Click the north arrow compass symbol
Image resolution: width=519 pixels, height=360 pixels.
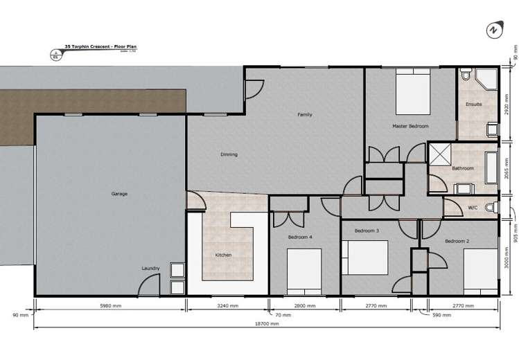coord(493,31)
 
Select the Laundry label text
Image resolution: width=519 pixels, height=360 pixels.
coord(151,268)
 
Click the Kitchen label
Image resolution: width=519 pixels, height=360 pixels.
coord(223,255)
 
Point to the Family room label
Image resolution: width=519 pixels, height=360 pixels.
coord(305,114)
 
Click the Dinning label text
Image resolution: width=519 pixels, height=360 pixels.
coord(229,154)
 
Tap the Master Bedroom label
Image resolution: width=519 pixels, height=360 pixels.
coord(410,126)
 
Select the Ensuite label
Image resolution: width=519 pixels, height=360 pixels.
coord(474,105)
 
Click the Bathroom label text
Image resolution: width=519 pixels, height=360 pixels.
coord(463,168)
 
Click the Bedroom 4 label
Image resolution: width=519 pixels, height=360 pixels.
coord(301,237)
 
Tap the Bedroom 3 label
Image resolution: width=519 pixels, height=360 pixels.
coord(367,231)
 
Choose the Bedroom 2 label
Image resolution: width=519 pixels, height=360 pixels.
coord(457,240)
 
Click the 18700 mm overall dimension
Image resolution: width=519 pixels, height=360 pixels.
coord(266,323)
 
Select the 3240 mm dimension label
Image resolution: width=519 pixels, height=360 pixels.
coord(227,305)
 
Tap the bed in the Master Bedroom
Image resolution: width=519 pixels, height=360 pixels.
coord(414,93)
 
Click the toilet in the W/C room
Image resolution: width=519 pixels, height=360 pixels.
coord(491,207)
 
